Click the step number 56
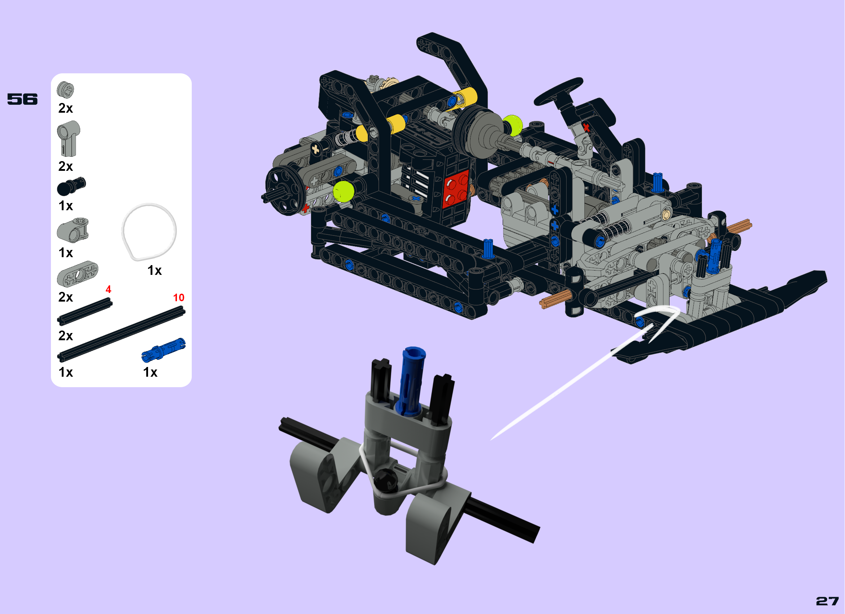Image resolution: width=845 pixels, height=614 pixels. [22, 99]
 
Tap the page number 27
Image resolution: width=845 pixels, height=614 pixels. [827, 601]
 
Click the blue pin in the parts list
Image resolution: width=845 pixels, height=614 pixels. [163, 350]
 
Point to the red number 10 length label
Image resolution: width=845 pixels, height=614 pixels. [178, 297]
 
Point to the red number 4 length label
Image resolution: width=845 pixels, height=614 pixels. [108, 289]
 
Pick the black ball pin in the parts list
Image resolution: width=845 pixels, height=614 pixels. [71, 186]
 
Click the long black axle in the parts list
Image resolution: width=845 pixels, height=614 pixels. [121, 334]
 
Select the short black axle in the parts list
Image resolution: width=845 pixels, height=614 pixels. [84, 311]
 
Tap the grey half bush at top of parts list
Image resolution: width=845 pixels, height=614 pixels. [65, 90]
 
